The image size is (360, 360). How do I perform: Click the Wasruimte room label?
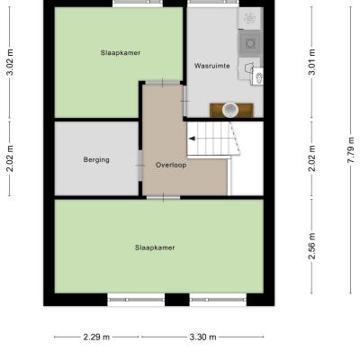point(211,66)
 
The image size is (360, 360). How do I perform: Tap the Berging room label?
point(96,159)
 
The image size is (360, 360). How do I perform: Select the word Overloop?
point(171,165)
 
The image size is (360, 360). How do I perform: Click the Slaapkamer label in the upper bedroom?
point(121,53)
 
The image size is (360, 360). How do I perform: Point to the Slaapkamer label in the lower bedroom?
point(155,247)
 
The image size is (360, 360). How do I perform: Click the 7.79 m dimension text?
point(351,149)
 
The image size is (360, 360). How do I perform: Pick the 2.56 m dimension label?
point(312,246)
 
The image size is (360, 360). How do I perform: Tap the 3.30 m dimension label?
point(202,337)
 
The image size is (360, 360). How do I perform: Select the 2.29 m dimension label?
point(96,337)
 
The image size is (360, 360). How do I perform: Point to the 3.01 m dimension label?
point(312,62)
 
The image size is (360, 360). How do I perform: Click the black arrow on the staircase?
point(192,139)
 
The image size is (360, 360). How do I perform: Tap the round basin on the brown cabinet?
point(230,110)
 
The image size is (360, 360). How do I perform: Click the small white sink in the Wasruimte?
point(257,76)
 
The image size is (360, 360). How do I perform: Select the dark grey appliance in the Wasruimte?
point(249,43)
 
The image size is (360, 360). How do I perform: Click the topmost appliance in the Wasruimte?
point(249,18)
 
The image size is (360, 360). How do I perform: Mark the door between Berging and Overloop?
point(140,166)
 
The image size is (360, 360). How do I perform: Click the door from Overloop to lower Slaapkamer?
point(163,197)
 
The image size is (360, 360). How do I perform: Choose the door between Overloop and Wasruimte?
point(184,101)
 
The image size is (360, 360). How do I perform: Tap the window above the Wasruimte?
point(214,4)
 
